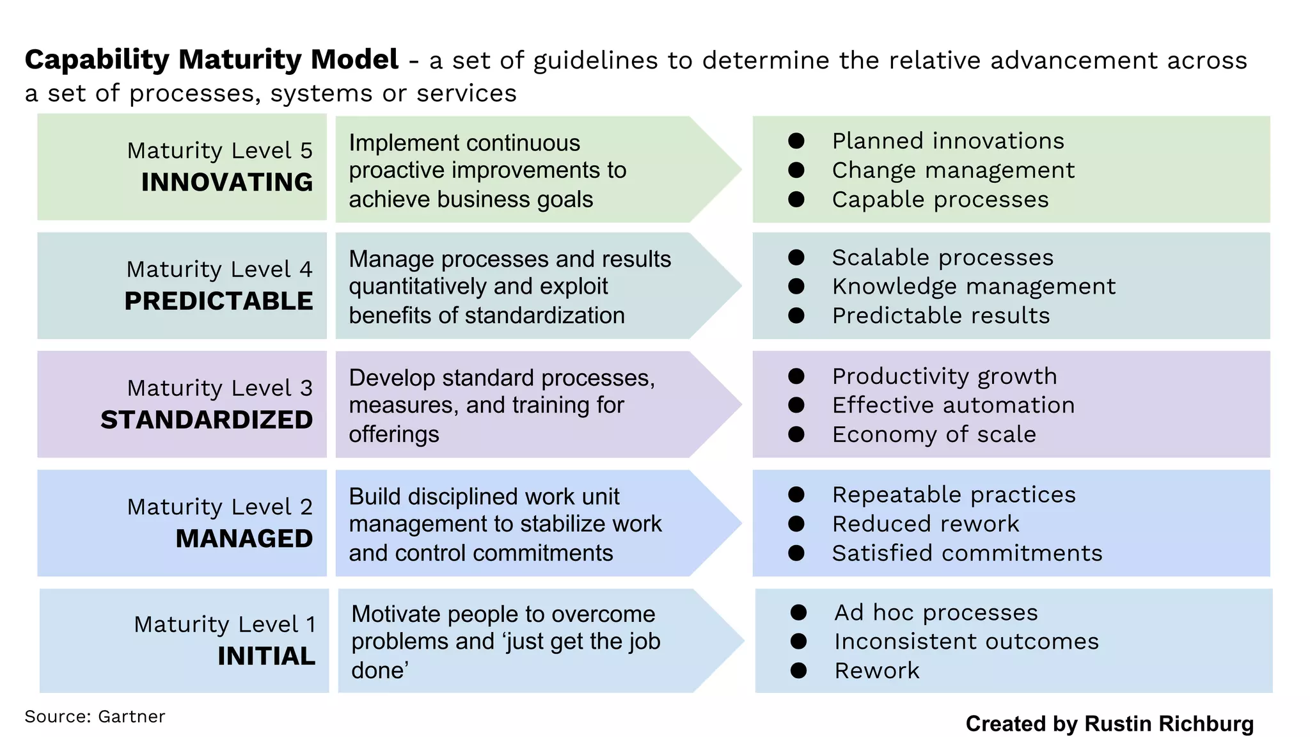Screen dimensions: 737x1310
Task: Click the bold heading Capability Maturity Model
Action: pos(211,59)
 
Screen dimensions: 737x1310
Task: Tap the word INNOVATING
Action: pos(227,182)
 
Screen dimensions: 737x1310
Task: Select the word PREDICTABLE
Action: pos(219,301)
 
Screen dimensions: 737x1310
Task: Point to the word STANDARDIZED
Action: pos(207,420)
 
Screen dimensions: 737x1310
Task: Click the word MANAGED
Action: pos(244,539)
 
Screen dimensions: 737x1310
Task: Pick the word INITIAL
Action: pos(266,656)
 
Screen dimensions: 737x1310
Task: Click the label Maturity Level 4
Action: pos(219,269)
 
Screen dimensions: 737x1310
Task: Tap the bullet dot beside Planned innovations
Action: pos(796,141)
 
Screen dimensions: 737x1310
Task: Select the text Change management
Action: pos(953,170)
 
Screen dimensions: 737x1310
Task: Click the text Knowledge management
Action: pos(974,287)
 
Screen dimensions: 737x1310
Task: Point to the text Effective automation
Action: pos(953,405)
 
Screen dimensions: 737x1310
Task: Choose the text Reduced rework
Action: pos(926,524)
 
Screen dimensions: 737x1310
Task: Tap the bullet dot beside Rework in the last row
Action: pos(798,670)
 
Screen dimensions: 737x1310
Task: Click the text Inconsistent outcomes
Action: pos(967,641)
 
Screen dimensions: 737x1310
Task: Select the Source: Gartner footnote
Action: pos(95,717)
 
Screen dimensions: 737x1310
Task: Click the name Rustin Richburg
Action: pos(1169,724)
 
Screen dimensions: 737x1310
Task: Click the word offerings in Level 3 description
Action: pos(394,434)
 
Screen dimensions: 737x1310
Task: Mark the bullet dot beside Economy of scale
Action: pos(796,434)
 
